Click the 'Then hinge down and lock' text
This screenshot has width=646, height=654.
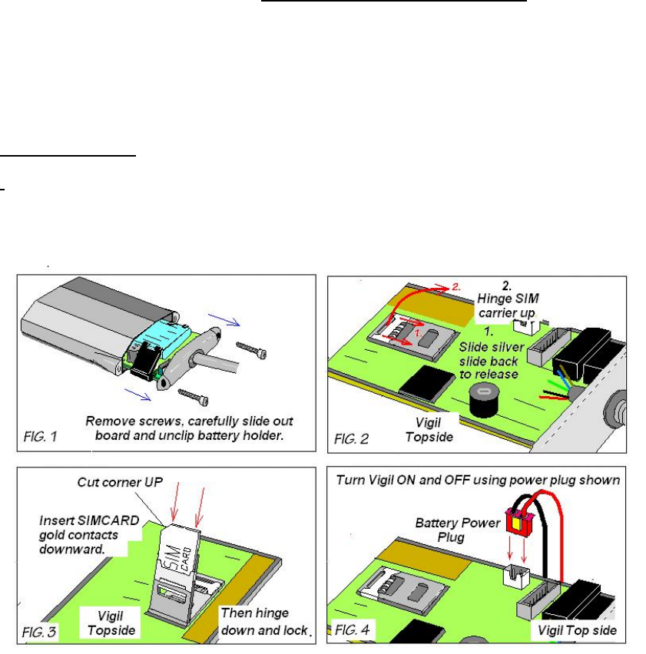pyautogui.click(x=263, y=623)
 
